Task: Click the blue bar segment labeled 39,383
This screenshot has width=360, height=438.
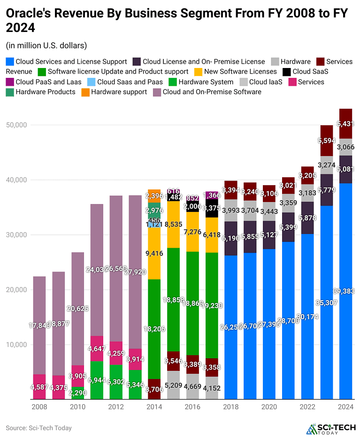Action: coord(345,291)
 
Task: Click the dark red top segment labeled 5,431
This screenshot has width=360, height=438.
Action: coord(345,124)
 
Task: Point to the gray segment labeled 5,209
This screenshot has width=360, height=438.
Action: coord(174,385)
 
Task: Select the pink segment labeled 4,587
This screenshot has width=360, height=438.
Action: coord(39,387)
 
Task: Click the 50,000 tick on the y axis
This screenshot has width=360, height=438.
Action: coord(16,125)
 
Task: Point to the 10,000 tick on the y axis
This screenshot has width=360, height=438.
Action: coord(16,345)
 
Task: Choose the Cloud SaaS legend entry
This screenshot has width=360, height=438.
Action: coord(305,72)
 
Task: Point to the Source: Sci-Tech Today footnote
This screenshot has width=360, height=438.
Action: coord(38,428)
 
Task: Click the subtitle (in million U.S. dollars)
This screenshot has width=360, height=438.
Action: coord(46,45)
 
